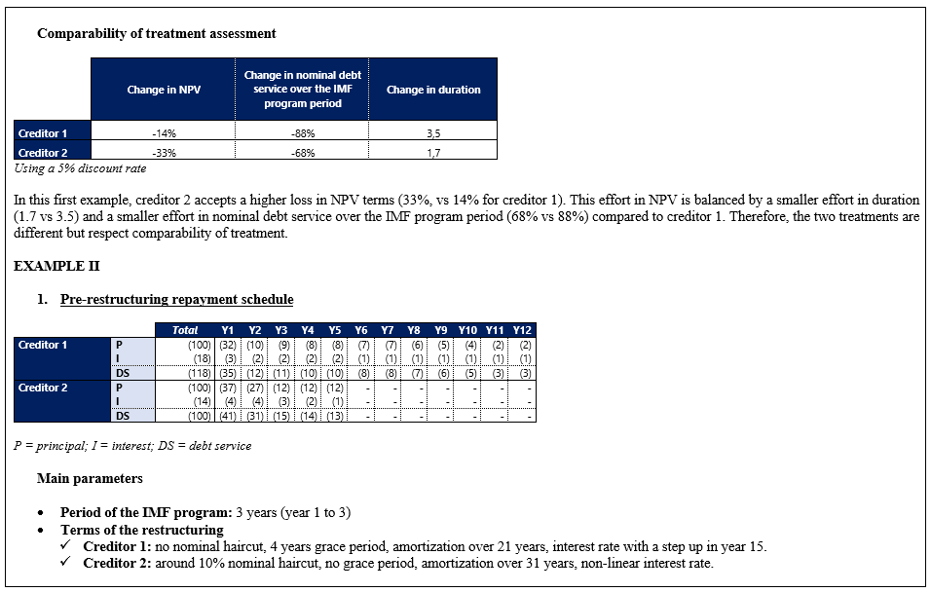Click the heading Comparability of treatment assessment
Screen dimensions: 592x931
click(x=156, y=33)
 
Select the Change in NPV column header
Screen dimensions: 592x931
click(x=164, y=90)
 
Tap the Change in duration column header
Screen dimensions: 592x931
click(x=432, y=90)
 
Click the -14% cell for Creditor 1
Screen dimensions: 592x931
click(x=164, y=133)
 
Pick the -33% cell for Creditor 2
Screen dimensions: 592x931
click(x=164, y=152)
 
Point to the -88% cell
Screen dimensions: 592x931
click(x=302, y=133)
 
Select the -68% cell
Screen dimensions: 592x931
click(x=302, y=152)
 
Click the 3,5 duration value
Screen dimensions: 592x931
click(x=432, y=133)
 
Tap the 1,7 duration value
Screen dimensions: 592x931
click(x=432, y=152)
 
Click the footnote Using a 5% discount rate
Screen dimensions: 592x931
click(x=80, y=167)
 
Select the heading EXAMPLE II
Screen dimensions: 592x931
click(x=56, y=266)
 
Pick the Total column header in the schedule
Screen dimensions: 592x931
click(x=185, y=330)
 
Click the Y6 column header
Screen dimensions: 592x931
click(x=361, y=330)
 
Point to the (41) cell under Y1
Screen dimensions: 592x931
click(x=228, y=417)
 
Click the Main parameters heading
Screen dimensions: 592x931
click(x=90, y=478)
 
